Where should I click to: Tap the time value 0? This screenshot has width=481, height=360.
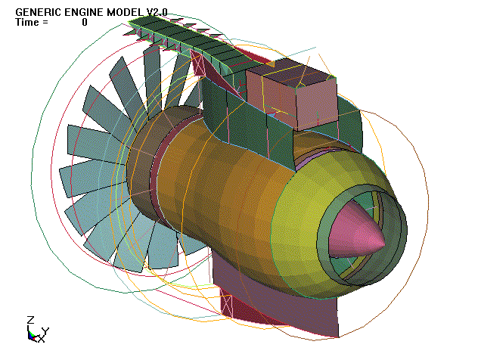coord(85,23)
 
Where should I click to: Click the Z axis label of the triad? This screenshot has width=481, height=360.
coord(29,319)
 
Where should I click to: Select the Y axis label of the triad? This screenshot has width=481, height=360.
coord(45,331)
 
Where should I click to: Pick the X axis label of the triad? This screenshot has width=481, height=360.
coord(41,340)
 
